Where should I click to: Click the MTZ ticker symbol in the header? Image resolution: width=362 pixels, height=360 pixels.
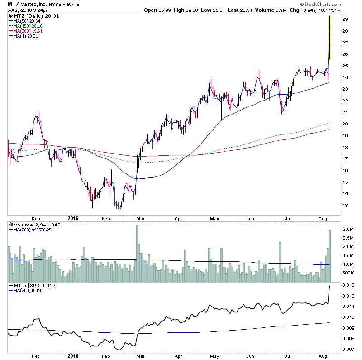pyautogui.click(x=13, y=4)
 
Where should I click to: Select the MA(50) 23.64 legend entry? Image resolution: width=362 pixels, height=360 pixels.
pyautogui.click(x=28, y=21)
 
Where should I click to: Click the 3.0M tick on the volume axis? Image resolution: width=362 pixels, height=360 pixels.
pyautogui.click(x=347, y=230)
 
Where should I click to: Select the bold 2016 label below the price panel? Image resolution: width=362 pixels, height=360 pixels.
pyautogui.click(x=73, y=218)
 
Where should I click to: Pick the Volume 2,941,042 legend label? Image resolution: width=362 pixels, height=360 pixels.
pyautogui.click(x=30, y=224)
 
